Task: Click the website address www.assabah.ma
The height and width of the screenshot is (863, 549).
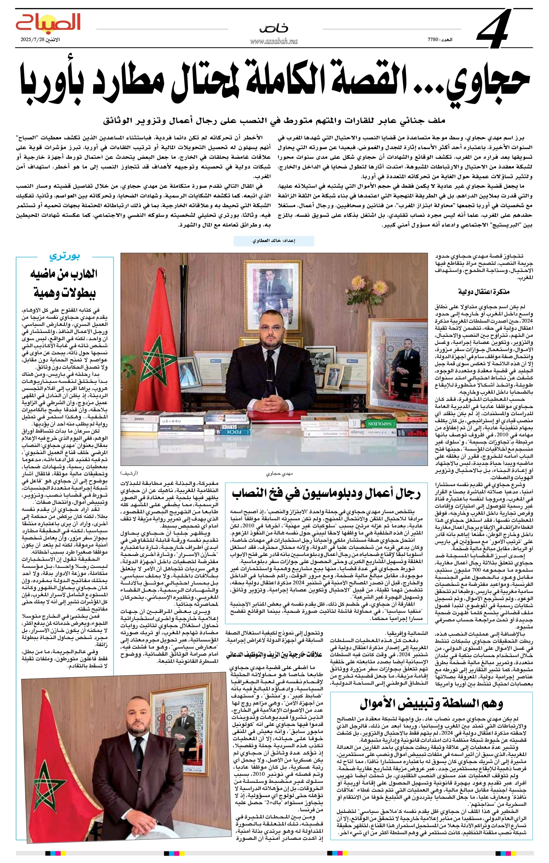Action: coord(273,41)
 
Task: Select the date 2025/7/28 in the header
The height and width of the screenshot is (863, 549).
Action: coord(36,39)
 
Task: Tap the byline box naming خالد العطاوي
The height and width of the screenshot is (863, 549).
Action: coord(273,241)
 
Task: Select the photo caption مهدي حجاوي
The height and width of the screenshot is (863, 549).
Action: coord(279,473)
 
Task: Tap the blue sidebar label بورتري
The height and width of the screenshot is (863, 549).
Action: coord(64,256)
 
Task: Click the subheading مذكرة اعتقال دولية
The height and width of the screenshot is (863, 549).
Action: coord(484,292)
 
